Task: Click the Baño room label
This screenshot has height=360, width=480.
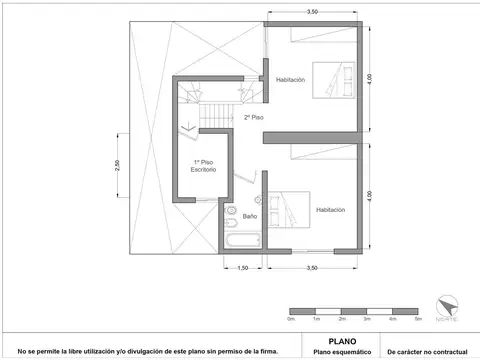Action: coord(249,215)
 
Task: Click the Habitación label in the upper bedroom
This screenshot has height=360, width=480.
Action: coord(291,79)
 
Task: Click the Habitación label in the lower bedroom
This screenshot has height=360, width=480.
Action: coord(330,210)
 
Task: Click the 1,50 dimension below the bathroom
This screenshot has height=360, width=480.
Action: coord(243,267)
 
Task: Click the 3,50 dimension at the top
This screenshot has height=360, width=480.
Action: coord(312,11)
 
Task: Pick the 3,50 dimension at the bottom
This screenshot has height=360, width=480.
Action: coord(312,267)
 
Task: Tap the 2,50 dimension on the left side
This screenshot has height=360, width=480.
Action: coord(116,165)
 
